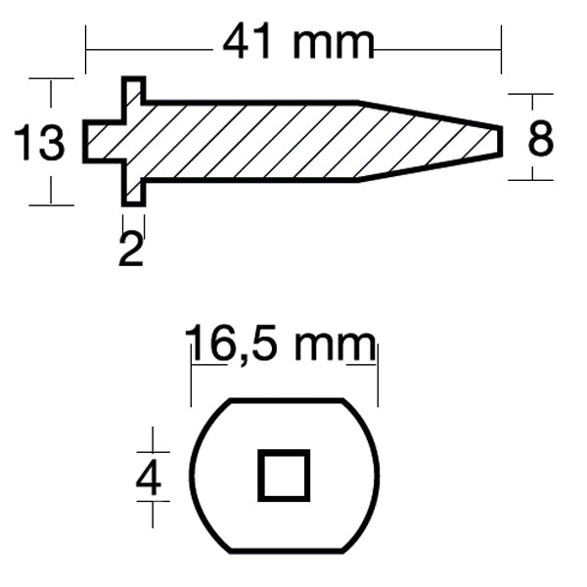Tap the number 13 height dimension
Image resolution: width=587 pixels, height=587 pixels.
point(39,144)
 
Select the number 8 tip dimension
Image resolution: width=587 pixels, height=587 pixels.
point(540,139)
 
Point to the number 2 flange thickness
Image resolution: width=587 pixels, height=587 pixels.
point(130,249)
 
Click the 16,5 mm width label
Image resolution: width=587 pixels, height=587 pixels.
point(281,344)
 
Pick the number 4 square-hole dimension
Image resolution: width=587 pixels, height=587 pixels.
point(149,479)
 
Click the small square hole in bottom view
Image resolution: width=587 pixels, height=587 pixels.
point(284,475)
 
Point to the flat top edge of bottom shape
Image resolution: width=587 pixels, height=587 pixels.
point(289,400)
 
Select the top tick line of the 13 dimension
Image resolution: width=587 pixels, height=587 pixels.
point(51,78)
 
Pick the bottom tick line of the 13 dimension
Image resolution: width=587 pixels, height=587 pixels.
point(51,204)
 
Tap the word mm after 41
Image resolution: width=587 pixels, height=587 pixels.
point(338,41)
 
